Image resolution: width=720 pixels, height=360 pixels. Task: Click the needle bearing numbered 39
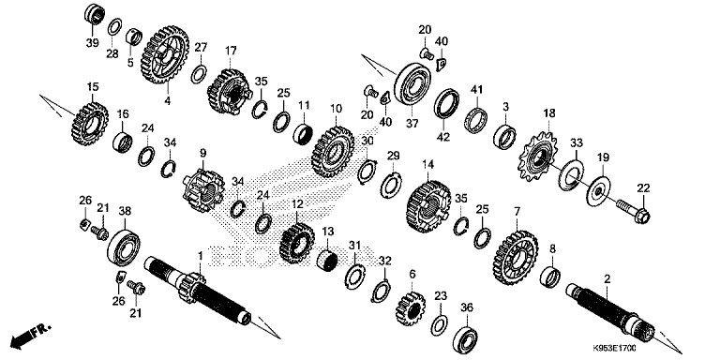pyautogui.click(x=95, y=14)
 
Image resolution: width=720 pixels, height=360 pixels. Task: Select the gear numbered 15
pyautogui.click(x=90, y=125)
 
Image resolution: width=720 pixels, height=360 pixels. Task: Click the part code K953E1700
pyautogui.click(x=614, y=349)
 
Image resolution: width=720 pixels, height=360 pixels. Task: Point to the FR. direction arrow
pyautogui.click(x=30, y=335)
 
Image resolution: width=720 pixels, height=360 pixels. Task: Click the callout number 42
pyautogui.click(x=443, y=137)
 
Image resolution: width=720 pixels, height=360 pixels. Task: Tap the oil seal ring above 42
pyautogui.click(x=447, y=104)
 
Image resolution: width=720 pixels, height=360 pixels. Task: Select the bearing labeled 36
pyautogui.click(x=467, y=338)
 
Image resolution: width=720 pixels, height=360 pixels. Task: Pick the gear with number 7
pyautogui.click(x=517, y=257)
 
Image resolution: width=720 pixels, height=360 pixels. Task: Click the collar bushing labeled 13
pyautogui.click(x=327, y=261)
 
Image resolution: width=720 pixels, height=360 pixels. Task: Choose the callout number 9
pyautogui.click(x=202, y=153)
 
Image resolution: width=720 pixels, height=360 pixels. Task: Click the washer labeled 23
pyautogui.click(x=440, y=325)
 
